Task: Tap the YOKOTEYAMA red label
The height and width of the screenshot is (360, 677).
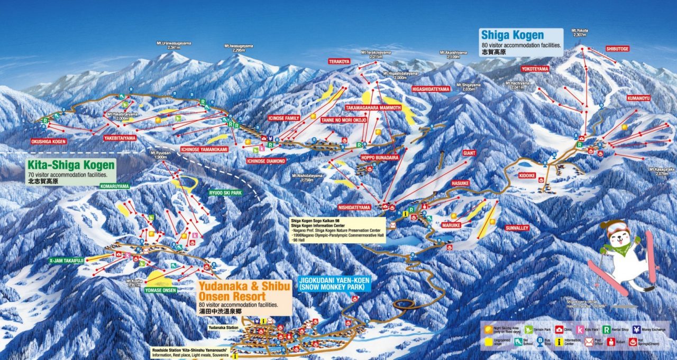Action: click(x=535, y=69)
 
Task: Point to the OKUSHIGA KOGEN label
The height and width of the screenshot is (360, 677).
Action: click(x=49, y=142)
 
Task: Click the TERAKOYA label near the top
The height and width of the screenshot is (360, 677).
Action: click(x=339, y=61)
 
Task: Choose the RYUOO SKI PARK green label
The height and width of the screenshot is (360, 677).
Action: click(x=225, y=193)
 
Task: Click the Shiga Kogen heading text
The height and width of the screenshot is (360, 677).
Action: click(x=511, y=35)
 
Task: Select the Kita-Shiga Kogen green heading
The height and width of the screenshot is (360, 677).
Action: click(x=70, y=165)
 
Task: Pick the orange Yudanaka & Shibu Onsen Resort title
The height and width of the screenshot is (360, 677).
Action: click(x=244, y=290)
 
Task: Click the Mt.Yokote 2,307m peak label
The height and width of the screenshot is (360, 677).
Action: click(x=580, y=33)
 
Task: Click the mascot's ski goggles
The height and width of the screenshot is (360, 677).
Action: click(x=616, y=228)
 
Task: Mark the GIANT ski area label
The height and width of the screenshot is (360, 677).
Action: click(x=469, y=153)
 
